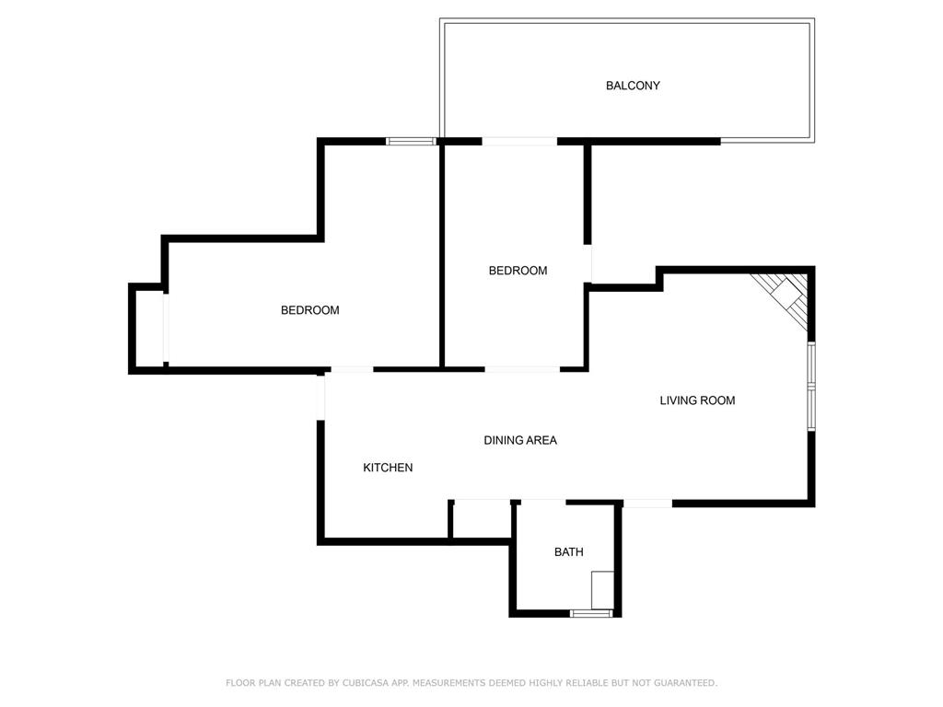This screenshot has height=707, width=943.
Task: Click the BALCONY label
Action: [633, 86]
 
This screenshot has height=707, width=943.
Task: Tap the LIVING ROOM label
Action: [697, 400]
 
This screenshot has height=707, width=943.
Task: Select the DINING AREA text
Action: [520, 440]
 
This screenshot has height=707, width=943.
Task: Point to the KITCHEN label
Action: [388, 467]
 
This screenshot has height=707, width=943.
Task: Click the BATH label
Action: [568, 551]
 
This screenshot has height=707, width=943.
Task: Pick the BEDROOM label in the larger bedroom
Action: [309, 310]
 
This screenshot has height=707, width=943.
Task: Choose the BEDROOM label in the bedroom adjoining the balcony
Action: [518, 271]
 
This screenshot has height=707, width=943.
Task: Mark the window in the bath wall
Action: [591, 613]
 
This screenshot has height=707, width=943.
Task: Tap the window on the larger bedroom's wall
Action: [411, 141]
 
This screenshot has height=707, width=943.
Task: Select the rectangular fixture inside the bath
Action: [602, 590]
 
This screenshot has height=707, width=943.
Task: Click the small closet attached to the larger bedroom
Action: [148, 329]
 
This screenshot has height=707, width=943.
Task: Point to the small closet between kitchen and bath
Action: [481, 521]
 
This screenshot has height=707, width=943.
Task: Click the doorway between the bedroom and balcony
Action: [519, 141]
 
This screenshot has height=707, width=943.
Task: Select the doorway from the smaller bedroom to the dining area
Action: [522, 368]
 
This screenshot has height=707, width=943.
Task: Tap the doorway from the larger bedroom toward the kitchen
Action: [352, 369]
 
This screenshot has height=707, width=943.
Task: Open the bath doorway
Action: [543, 502]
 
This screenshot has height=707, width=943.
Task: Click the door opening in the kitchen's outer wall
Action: [320, 397]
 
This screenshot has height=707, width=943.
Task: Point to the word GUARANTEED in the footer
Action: [685, 682]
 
